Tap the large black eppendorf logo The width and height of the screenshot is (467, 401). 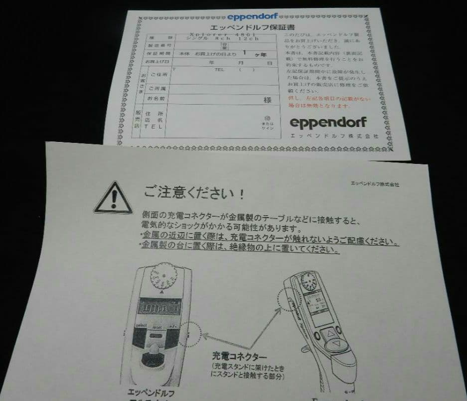328,122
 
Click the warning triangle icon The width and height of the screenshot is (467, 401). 114,198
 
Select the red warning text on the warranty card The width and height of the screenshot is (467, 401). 328,102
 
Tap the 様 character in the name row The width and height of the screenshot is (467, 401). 268,100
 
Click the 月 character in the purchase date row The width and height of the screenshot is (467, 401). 241,63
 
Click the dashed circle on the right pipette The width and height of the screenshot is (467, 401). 290,299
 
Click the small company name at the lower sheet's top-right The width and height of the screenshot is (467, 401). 375,184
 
